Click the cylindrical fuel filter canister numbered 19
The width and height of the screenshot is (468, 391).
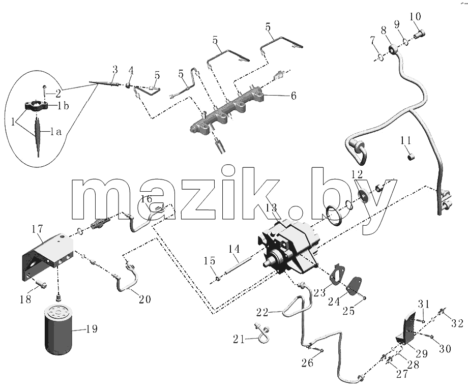[x=58, y=329]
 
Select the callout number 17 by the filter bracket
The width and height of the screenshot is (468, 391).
[x=38, y=229]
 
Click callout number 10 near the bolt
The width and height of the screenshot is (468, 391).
[x=415, y=16]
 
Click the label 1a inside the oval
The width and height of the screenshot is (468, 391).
[x=55, y=131]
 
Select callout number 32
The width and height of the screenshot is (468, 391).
[x=457, y=323]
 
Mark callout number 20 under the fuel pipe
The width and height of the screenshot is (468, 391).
[x=145, y=299]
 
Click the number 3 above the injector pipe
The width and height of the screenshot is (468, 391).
[x=115, y=70]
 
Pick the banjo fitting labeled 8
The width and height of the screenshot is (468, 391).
[x=393, y=49]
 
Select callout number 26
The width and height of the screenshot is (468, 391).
[x=307, y=363]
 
